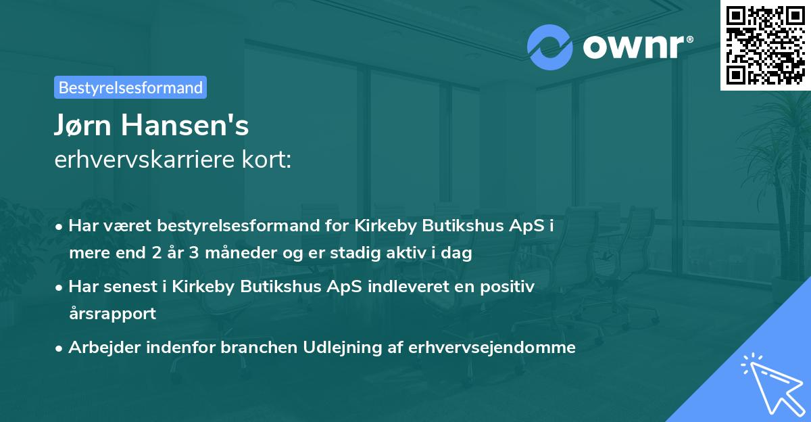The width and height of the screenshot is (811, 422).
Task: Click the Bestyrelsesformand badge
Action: tap(130, 87)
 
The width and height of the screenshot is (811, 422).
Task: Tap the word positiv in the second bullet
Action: tap(511, 287)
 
